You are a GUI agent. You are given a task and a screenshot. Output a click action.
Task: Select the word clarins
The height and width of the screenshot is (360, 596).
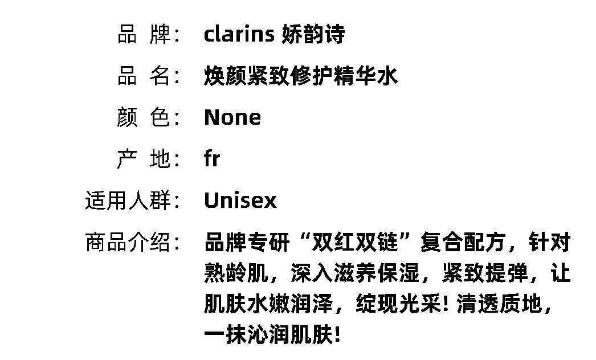click(239, 35)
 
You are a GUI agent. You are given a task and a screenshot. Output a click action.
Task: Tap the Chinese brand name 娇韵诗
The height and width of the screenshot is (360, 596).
click(313, 35)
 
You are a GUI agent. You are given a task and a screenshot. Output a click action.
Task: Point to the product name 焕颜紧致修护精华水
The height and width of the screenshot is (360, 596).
click(300, 76)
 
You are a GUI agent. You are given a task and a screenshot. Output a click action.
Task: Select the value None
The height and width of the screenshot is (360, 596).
click(232, 118)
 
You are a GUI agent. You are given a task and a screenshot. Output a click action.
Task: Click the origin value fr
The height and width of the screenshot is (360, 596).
click(212, 159)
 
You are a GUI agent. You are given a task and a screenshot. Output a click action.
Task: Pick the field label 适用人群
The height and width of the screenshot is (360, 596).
click(132, 201)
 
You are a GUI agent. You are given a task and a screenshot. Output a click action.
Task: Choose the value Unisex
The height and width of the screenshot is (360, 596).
click(240, 201)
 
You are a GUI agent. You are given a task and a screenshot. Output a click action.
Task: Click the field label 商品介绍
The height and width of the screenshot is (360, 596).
click(132, 243)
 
